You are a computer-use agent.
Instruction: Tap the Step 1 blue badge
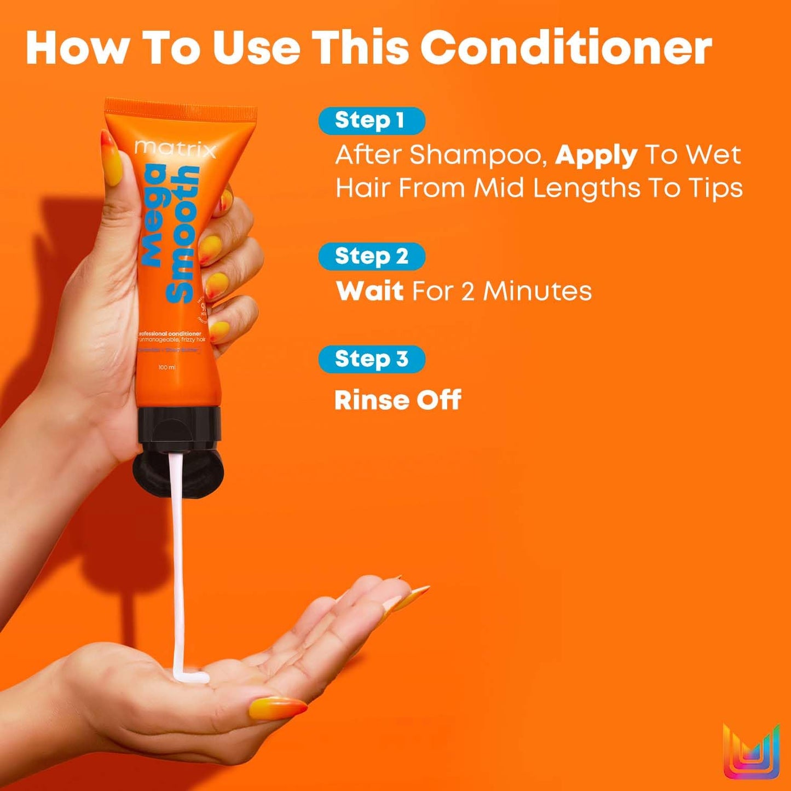point(371,120)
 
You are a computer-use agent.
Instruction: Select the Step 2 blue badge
point(371,256)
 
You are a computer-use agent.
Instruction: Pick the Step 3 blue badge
point(371,359)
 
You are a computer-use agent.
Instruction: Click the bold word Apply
point(596,156)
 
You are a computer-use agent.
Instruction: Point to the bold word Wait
point(369,291)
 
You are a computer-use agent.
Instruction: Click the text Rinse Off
point(397,400)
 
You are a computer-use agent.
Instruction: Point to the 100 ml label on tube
point(166,367)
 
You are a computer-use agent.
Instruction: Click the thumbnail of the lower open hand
point(276,708)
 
